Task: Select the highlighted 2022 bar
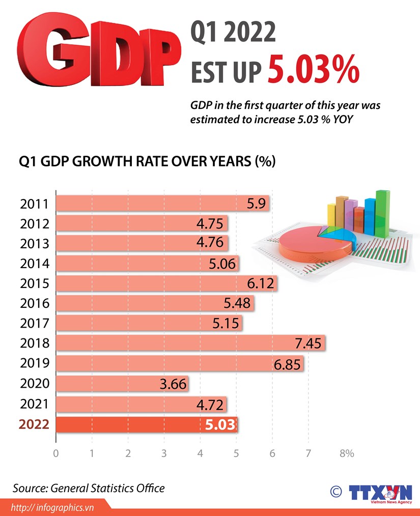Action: coord(146,424)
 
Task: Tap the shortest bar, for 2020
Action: coord(122,384)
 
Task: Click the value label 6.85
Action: coord(288,363)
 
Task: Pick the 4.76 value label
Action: coord(210,243)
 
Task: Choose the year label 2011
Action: coord(34,204)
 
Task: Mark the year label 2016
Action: coord(34,304)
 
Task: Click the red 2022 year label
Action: coord(34,424)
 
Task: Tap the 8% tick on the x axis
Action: coord(346,453)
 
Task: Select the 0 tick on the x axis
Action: coord(55,453)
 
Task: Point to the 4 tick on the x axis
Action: coord(201,453)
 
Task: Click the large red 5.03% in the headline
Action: coord(314,72)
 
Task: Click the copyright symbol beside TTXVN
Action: coord(336,491)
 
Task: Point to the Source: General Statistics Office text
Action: coord(89,488)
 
